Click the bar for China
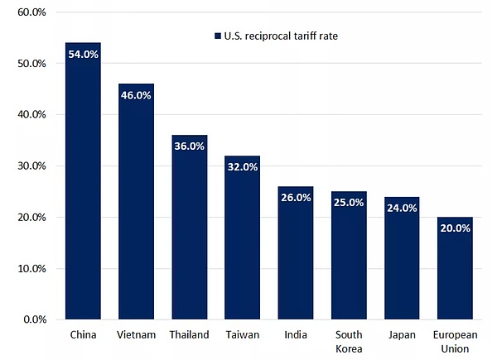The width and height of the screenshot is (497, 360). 83,190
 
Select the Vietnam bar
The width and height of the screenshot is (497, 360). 136,207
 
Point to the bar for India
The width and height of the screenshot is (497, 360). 295,257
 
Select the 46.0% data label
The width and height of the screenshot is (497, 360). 136,95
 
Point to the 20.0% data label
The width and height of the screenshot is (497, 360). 454,229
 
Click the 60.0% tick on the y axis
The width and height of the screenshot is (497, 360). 31,12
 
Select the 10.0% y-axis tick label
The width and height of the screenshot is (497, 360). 31,268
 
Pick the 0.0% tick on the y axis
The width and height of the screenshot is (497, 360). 34,319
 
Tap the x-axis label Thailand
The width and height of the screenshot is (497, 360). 189,335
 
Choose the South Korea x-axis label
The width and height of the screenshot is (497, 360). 348,341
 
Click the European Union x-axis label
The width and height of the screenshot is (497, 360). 454,341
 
